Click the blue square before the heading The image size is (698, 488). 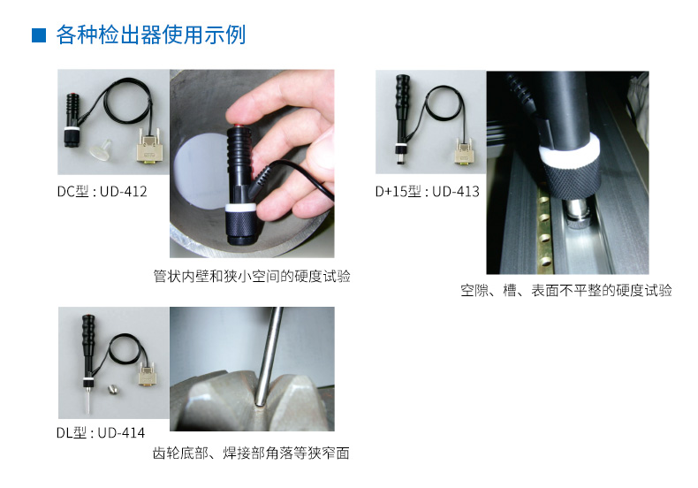coord(39,35)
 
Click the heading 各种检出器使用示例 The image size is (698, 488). coord(151,34)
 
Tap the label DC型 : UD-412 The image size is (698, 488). coord(102,192)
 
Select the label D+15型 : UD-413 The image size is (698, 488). coord(428,192)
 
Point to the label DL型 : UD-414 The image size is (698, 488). coord(101,433)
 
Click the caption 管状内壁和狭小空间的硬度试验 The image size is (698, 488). coord(252,277)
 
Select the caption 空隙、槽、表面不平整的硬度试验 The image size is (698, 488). coord(566,291)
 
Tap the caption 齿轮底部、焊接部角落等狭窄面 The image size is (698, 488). coord(251,454)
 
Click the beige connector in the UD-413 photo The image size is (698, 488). coord(464,151)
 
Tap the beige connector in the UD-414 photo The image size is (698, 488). coord(148,374)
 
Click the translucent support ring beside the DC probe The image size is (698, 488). coord(101,149)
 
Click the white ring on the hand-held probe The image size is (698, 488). coord(240,208)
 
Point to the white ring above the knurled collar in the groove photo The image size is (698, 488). coord(568,151)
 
